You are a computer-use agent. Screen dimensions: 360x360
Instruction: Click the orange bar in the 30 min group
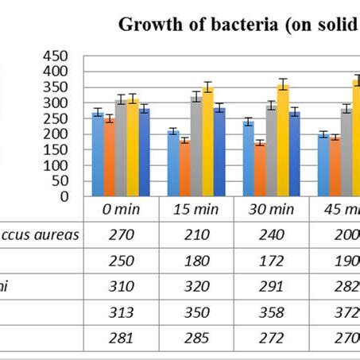pyautogui.click(x=259, y=169)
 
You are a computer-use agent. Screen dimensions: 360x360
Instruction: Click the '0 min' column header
pyautogui.click(x=120, y=209)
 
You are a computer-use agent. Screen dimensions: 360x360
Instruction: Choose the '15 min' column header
pyautogui.click(x=195, y=209)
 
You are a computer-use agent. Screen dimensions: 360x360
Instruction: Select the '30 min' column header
pyautogui.click(x=272, y=209)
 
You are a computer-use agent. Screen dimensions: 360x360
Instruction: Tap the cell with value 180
pyautogui.click(x=195, y=261)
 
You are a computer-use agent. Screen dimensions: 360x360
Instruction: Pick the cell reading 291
pyautogui.click(x=272, y=286)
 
